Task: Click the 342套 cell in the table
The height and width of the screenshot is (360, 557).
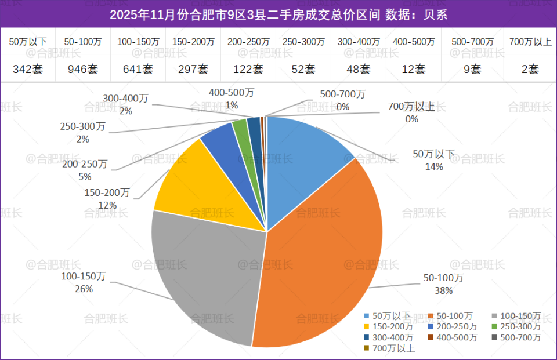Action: point(28,69)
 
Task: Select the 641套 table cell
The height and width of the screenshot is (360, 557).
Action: point(138,69)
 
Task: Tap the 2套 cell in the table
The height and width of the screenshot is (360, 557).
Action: point(530,69)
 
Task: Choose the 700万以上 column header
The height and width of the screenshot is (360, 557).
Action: point(530,42)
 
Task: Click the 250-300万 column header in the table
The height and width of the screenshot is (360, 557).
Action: point(303,42)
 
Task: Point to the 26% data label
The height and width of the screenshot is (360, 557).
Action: point(84,289)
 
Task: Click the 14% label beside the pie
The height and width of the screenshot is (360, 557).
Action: point(434,166)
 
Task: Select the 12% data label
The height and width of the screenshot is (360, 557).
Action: point(107,205)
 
